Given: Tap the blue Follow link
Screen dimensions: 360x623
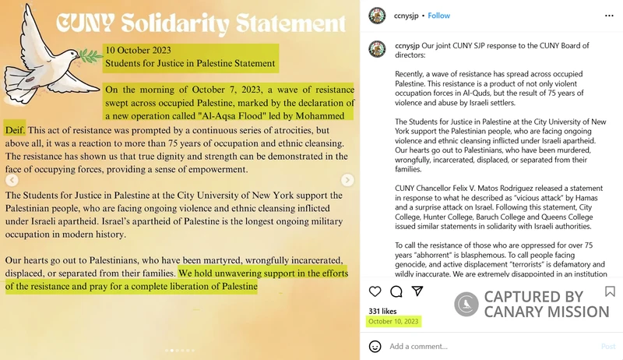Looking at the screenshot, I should pyautogui.click(x=439, y=15).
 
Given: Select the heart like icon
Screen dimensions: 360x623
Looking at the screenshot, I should pyautogui.click(x=375, y=291).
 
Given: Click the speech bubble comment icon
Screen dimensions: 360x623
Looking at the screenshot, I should pyautogui.click(x=396, y=291).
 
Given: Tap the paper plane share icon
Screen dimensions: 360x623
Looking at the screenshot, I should pyautogui.click(x=417, y=291).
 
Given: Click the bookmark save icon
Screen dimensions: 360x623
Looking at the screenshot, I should pyautogui.click(x=610, y=291).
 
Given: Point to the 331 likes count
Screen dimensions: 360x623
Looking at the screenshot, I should pyautogui.click(x=382, y=311).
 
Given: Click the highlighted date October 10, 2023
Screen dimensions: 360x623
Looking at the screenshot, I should pyautogui.click(x=394, y=321).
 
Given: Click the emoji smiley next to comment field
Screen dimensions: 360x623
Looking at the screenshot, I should pyautogui.click(x=375, y=346).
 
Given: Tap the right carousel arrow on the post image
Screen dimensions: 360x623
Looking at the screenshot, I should pyautogui.click(x=347, y=180).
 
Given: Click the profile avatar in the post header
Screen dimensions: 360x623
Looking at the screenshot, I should pyautogui.click(x=377, y=15).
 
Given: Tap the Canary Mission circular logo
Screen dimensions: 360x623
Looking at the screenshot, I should pyautogui.click(x=466, y=304).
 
